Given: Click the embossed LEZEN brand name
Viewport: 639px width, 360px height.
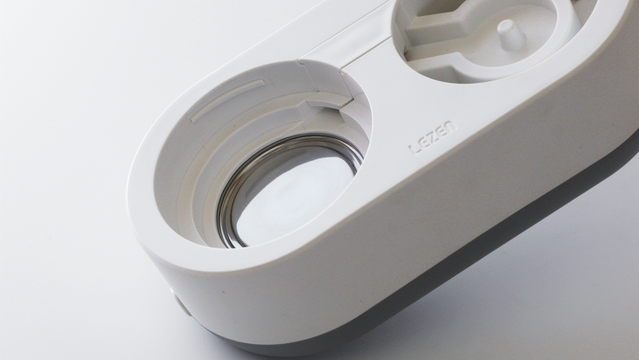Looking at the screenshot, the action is coord(432,137).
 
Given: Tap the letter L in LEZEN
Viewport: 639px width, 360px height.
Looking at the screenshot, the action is coord(414,147).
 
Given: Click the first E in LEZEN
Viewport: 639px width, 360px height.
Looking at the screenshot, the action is coord(424,141).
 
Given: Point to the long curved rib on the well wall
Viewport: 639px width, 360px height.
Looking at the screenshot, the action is coord(227,100).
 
